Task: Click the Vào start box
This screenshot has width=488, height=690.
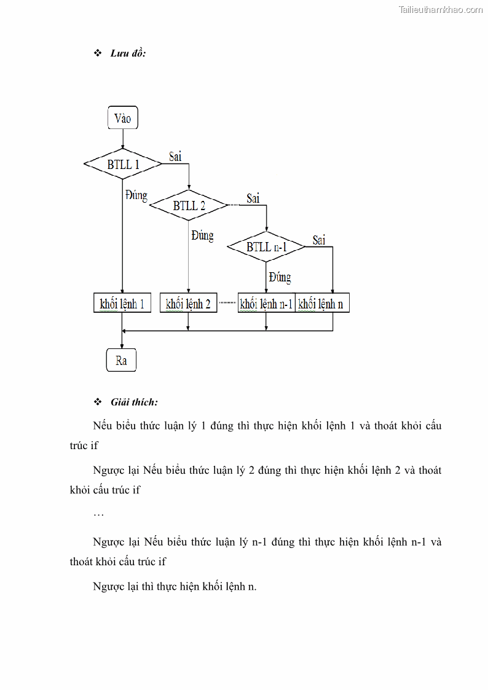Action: click(122, 118)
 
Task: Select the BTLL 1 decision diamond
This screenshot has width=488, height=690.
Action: click(123, 164)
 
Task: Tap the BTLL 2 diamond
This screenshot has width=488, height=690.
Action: click(189, 205)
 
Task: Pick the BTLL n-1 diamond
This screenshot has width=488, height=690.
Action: click(266, 247)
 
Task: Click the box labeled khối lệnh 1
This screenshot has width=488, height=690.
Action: click(122, 304)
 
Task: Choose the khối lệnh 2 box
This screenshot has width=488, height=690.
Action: click(188, 304)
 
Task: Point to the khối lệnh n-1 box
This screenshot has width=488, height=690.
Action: click(266, 304)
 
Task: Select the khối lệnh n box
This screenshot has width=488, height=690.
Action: click(323, 304)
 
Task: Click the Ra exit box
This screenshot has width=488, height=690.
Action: click(121, 361)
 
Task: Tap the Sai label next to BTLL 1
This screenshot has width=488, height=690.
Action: click(175, 157)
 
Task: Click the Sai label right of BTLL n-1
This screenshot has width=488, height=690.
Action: click(319, 240)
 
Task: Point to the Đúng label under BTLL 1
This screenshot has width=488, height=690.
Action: click(136, 195)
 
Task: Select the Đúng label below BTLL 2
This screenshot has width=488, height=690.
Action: click(202, 235)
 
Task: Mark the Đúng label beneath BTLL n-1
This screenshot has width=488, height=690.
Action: click(280, 277)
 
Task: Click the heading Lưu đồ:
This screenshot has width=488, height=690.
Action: click(127, 53)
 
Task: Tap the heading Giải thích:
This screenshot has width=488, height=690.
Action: click(134, 402)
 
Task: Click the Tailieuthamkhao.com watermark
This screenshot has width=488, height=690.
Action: click(441, 10)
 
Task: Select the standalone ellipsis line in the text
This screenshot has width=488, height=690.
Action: click(98, 514)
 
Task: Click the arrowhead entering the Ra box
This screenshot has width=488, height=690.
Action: click(122, 347)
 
